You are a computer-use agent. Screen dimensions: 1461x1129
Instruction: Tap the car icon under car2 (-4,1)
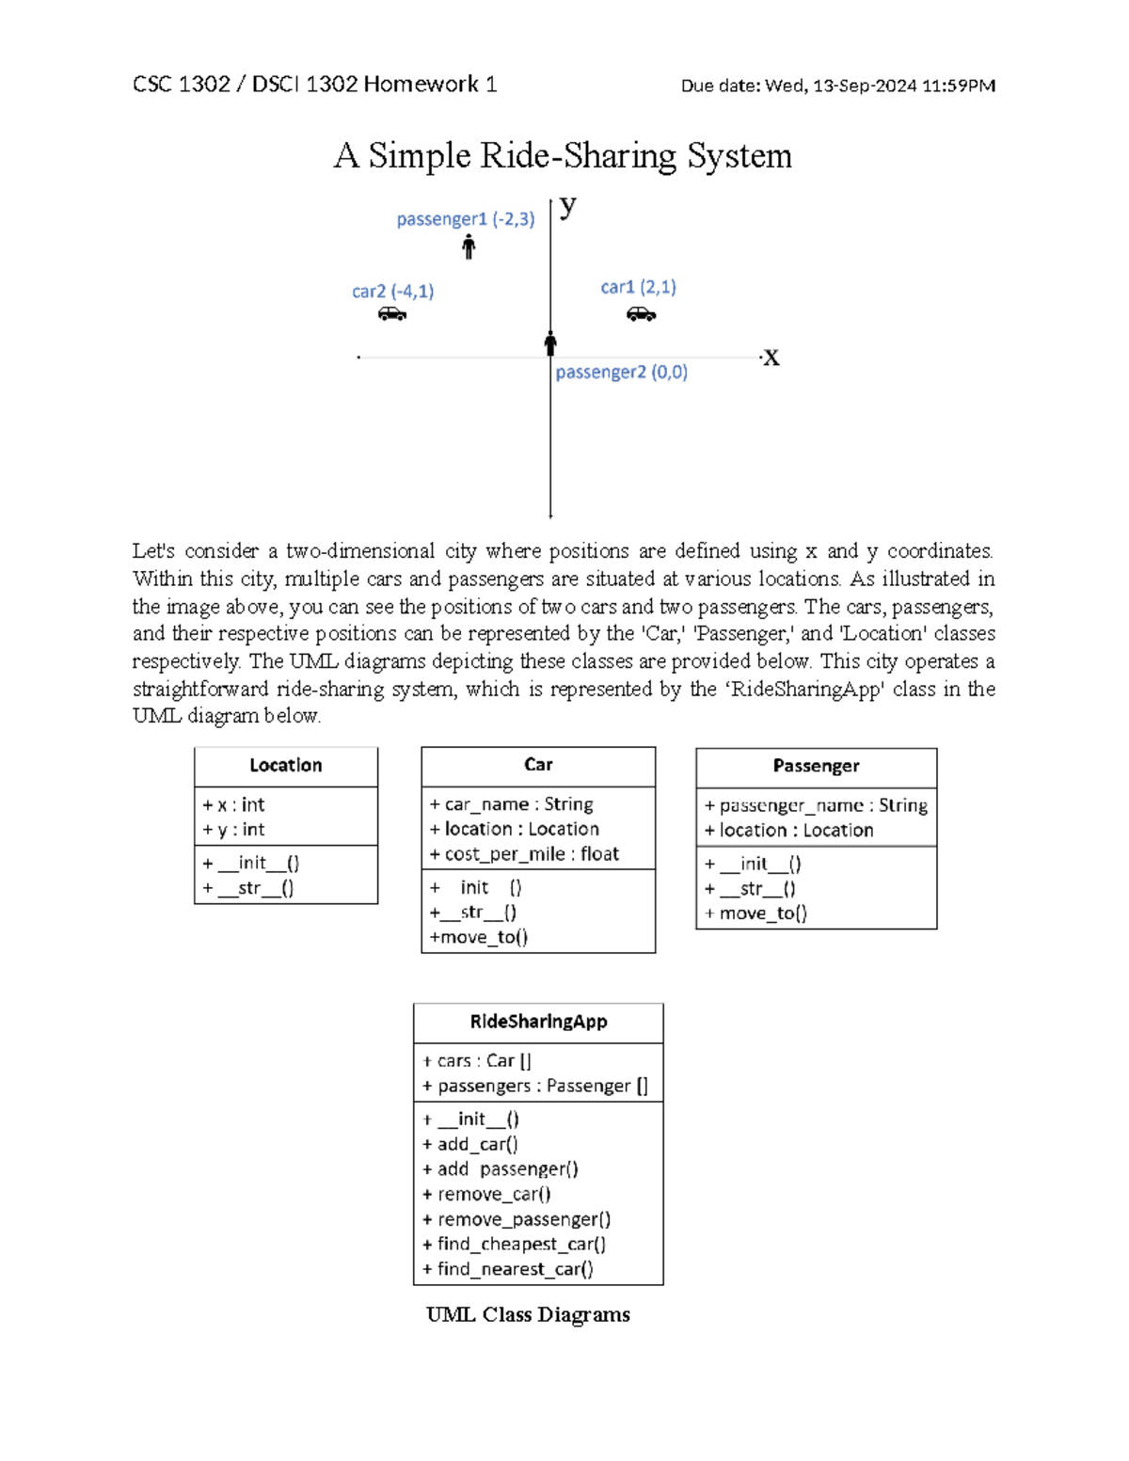pyautogui.click(x=392, y=314)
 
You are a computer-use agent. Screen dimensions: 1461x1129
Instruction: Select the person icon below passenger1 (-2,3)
pyautogui.click(x=469, y=247)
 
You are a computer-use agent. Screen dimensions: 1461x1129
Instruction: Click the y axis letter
pyautogui.click(x=567, y=206)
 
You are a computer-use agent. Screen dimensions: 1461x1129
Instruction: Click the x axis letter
pyautogui.click(x=771, y=358)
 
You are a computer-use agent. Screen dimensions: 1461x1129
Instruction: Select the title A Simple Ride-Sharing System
pyautogui.click(x=563, y=155)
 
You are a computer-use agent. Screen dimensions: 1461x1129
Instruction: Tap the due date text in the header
pyautogui.click(x=837, y=86)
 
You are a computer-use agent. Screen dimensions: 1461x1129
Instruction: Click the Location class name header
pyautogui.click(x=286, y=766)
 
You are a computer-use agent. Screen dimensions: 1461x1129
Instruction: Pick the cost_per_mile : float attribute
pyautogui.click(x=524, y=854)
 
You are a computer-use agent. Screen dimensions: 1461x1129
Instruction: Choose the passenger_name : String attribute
pyautogui.click(x=816, y=806)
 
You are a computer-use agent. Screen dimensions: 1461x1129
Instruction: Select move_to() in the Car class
pyautogui.click(x=479, y=937)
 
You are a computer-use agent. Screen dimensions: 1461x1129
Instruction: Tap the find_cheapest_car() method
pyautogui.click(x=514, y=1245)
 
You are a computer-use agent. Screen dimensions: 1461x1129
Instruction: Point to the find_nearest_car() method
pyautogui.click(x=508, y=1269)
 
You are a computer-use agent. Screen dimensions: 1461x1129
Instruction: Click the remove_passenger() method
pyautogui.click(x=517, y=1219)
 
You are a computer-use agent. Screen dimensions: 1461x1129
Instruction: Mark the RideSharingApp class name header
pyautogui.click(x=538, y=1022)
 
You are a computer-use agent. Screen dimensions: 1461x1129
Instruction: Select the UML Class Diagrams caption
pyautogui.click(x=528, y=1315)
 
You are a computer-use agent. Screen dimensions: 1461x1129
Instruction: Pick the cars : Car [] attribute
pyautogui.click(x=477, y=1061)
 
